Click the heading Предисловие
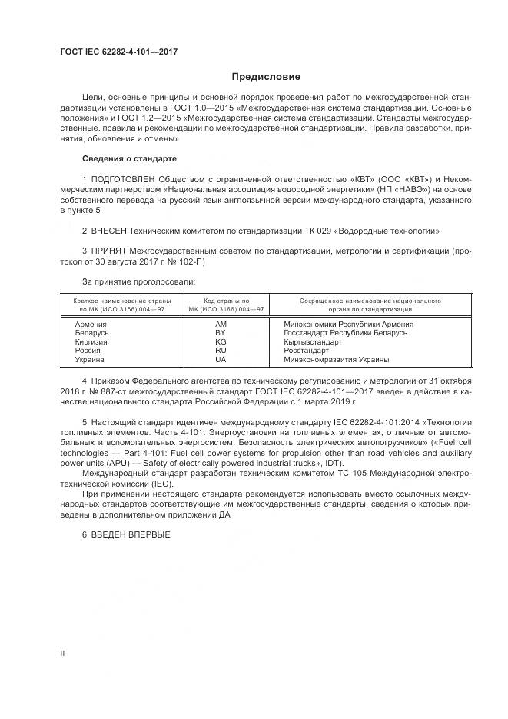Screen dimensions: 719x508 click(x=267, y=77)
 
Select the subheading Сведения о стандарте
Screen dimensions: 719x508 click(x=129, y=158)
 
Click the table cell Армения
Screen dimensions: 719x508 click(x=91, y=325)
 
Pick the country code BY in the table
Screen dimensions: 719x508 click(x=221, y=333)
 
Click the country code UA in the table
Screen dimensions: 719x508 click(x=221, y=359)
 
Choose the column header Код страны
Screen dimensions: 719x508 click(x=226, y=300)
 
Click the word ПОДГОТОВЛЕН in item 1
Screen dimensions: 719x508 click(x=119, y=179)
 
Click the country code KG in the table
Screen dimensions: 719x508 click(x=221, y=341)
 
